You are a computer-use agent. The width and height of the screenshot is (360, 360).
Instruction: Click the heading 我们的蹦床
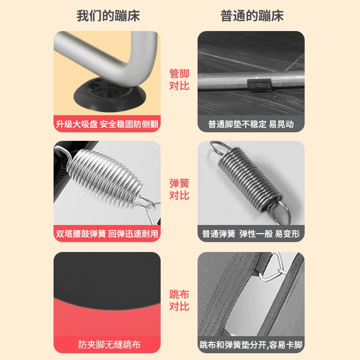(x=108, y=16)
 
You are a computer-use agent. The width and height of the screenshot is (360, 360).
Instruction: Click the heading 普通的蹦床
(x=252, y=16)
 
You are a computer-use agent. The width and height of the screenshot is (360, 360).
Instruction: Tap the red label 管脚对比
(x=179, y=80)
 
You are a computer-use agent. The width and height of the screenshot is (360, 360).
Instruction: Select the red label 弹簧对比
(x=179, y=189)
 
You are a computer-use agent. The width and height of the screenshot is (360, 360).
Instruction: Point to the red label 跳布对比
(x=179, y=300)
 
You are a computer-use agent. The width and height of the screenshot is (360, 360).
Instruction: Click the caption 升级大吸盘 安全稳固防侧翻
(x=107, y=124)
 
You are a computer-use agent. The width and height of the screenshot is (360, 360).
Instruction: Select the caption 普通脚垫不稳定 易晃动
(x=251, y=124)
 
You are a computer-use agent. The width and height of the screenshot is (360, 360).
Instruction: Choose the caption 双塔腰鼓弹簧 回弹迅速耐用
(x=107, y=234)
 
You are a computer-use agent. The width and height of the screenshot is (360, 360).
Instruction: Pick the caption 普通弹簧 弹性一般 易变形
(x=251, y=234)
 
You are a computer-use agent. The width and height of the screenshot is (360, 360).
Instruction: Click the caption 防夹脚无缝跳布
(x=109, y=345)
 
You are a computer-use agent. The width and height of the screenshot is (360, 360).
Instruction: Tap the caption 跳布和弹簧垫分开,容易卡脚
(x=251, y=345)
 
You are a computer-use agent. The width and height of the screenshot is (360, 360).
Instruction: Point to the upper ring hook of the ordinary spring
(x=219, y=148)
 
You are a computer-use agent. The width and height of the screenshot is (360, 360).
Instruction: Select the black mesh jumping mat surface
(x=107, y=278)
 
